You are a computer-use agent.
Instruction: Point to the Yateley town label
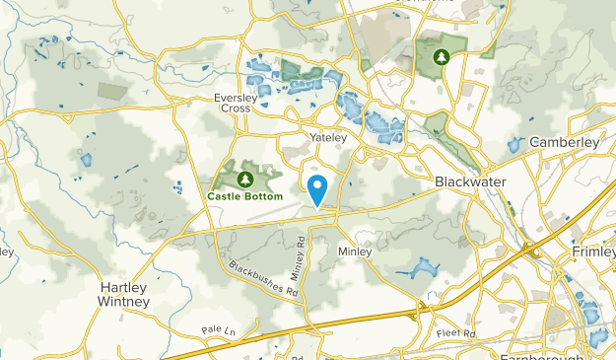328,138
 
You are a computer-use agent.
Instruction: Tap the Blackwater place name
470,182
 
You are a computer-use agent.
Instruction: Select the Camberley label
565,142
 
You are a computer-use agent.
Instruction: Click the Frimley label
593,253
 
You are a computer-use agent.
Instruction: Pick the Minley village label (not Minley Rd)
355,252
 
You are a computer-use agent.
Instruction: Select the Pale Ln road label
214,329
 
